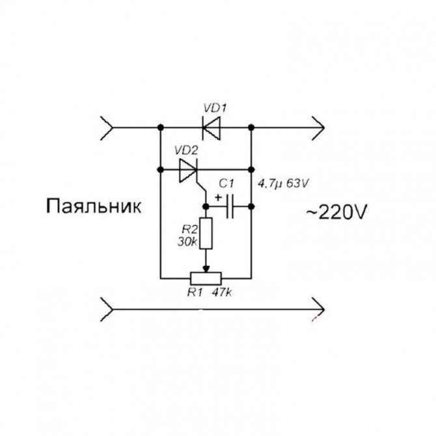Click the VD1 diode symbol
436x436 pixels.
tap(211, 128)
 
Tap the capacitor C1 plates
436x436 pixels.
tap(230, 206)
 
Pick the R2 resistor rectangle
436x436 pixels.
tap(206, 234)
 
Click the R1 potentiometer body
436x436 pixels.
tap(206, 278)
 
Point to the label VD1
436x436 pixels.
tap(215, 108)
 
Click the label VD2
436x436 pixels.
tap(186, 150)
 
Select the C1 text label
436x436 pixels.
tap(226, 184)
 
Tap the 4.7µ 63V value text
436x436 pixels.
tap(283, 184)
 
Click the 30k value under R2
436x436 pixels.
tap(187, 242)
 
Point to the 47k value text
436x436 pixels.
tap(222, 293)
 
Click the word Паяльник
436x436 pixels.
tap(94, 206)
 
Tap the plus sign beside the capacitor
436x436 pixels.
tap(219, 198)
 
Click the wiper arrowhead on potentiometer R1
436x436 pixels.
tap(206, 269)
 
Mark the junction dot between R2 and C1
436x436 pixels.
tap(206, 206)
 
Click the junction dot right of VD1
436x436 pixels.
tap(251, 128)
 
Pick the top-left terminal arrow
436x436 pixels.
tap(107, 128)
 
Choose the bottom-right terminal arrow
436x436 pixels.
tap(318, 309)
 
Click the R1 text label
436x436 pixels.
tap(195, 293)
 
